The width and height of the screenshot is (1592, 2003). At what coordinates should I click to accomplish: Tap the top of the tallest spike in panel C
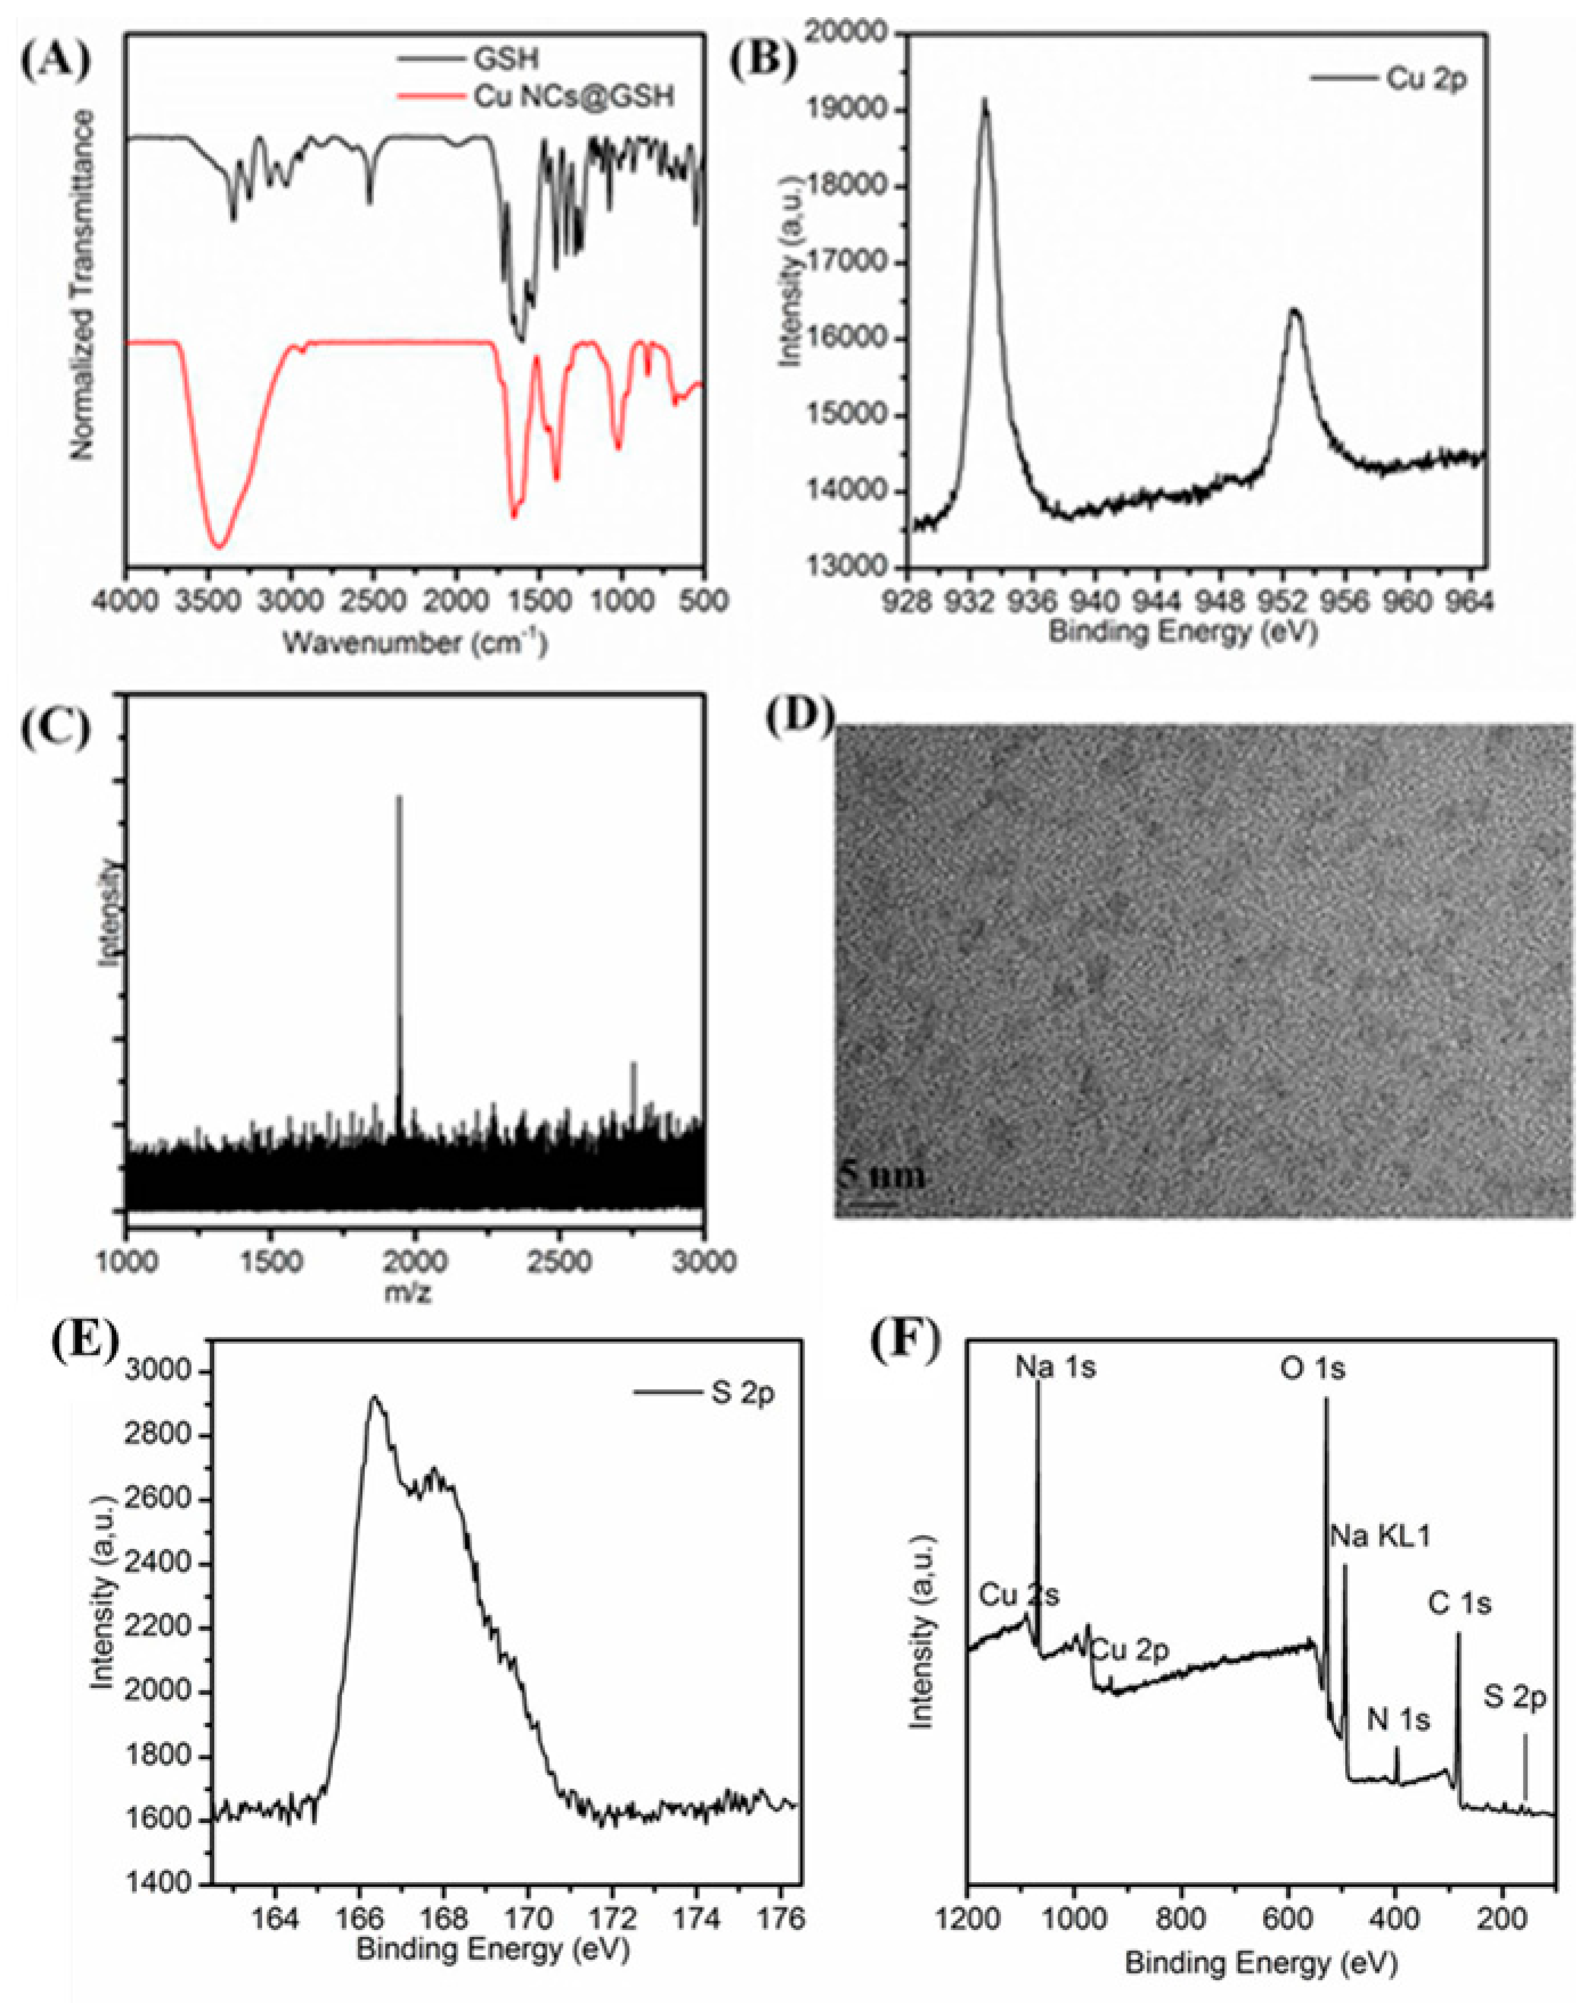tap(399, 796)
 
